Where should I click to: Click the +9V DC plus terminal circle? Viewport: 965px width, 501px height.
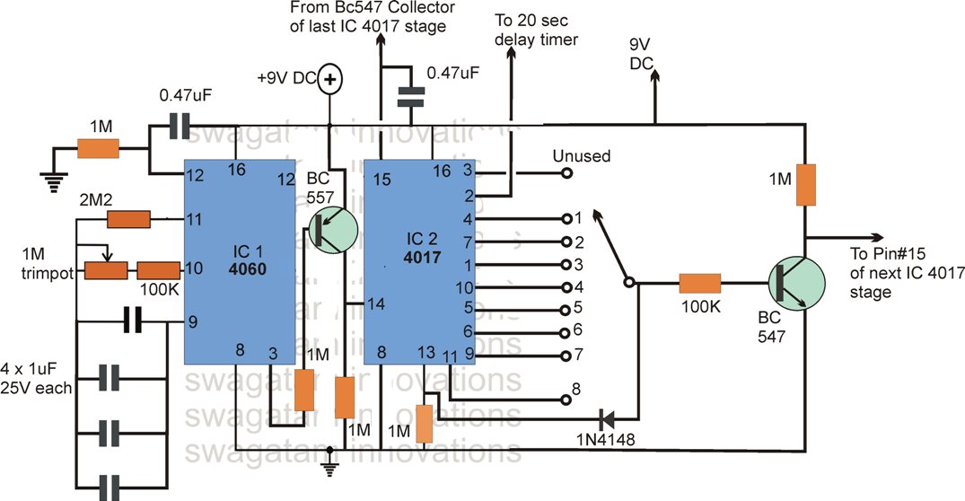[x=330, y=80]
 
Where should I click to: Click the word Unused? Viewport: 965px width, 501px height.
[x=581, y=156]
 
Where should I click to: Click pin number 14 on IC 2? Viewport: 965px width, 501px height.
[x=376, y=304]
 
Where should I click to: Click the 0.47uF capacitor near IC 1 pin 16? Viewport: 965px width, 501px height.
[x=180, y=130]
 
